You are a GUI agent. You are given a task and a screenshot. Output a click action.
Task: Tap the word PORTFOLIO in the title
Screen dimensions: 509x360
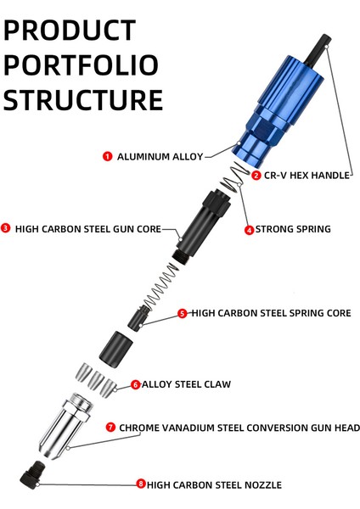coord(81,64)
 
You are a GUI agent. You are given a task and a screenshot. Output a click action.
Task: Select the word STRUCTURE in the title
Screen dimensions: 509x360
coord(82,99)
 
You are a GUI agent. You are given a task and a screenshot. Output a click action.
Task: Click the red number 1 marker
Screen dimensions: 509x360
coord(108,156)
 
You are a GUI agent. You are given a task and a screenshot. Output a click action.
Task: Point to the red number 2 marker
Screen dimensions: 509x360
coord(256,176)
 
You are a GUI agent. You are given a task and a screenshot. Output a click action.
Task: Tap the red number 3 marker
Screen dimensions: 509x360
coord(6,228)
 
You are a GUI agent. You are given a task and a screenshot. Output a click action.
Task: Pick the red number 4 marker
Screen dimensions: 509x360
coord(249,229)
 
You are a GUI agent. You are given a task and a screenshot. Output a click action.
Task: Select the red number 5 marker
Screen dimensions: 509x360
coord(183,313)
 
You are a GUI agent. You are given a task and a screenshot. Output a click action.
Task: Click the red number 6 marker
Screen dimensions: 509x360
coord(136,384)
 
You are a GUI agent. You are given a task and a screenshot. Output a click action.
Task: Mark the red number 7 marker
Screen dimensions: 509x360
coord(110,428)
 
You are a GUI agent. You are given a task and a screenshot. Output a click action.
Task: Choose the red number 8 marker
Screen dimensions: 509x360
coord(141,484)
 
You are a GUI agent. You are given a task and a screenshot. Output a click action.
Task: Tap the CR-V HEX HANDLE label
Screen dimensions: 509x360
coord(307,176)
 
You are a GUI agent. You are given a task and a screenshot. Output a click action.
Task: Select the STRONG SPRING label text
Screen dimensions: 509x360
coord(293,229)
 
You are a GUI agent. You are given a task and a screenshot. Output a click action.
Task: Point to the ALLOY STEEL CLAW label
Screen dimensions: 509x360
coord(186,384)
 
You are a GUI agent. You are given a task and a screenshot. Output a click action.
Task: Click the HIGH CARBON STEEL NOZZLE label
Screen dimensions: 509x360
coord(214,484)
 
